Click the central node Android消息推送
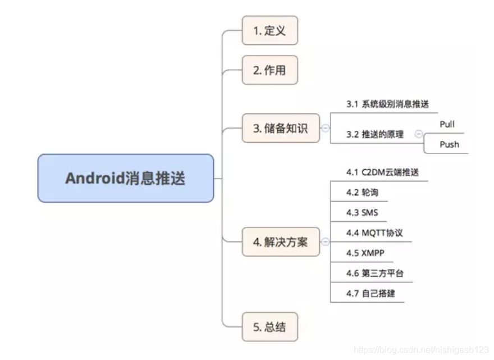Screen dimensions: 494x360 (x=125, y=179)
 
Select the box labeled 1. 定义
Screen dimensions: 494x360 (x=269, y=30)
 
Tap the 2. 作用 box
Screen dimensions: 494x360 (x=269, y=70)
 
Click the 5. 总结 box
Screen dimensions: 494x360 (x=269, y=326)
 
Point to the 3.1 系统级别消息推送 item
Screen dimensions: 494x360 (x=388, y=104)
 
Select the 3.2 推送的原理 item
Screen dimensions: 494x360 (x=375, y=134)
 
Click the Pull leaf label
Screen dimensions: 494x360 (x=447, y=124)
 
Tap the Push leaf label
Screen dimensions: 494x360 (x=449, y=144)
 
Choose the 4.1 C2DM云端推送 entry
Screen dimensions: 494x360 (x=382, y=172)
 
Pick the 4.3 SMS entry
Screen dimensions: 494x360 (x=362, y=213)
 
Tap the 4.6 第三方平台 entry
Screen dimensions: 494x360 (x=375, y=274)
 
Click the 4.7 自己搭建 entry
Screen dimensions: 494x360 (x=371, y=294)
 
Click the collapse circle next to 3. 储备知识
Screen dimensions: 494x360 (x=325, y=128)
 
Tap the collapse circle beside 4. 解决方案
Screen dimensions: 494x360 (x=325, y=243)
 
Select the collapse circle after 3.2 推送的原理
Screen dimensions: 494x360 (x=418, y=134)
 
